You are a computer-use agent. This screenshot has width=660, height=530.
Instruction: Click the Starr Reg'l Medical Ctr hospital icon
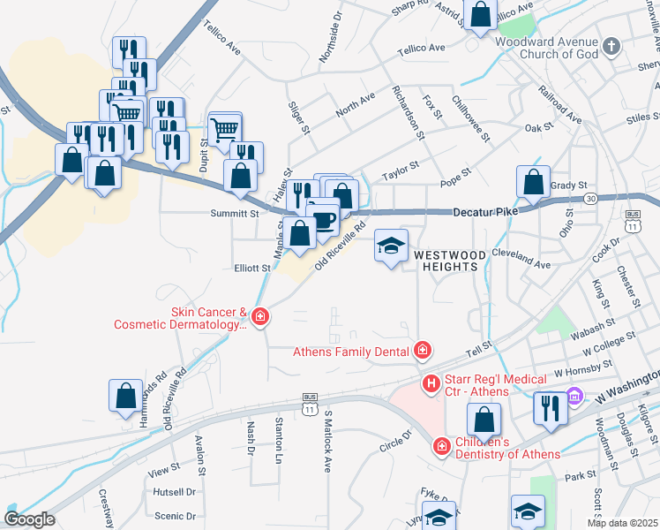click(x=431, y=383)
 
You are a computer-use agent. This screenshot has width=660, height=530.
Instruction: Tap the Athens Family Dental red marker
click(x=423, y=352)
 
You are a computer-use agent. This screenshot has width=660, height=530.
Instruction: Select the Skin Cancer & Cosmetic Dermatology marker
click(x=259, y=316)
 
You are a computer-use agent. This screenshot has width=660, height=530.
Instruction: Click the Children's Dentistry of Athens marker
click(x=441, y=448)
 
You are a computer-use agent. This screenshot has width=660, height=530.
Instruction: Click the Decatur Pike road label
click(x=484, y=212)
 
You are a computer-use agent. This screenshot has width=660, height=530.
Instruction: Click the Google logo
click(x=29, y=519)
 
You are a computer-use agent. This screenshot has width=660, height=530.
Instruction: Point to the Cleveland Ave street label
click(x=523, y=263)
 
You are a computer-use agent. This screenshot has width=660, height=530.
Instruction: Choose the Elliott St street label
click(x=251, y=268)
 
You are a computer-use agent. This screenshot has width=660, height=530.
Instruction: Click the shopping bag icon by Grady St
click(x=533, y=182)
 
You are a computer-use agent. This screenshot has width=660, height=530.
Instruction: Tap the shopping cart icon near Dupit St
click(x=225, y=128)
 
